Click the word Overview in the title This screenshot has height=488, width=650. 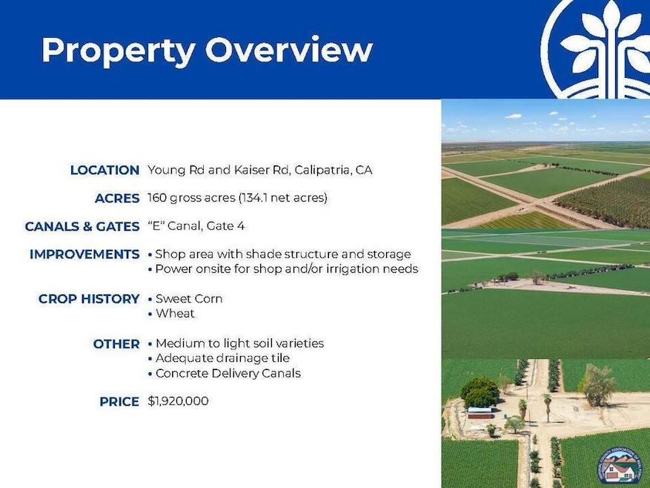pyautogui.click(x=289, y=50)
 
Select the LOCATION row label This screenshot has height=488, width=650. pyautogui.click(x=105, y=171)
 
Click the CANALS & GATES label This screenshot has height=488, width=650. pyautogui.click(x=82, y=226)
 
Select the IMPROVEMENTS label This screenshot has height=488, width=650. pyautogui.click(x=84, y=254)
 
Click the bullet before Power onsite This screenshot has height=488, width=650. pyautogui.click(x=150, y=269)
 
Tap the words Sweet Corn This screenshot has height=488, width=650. pyautogui.click(x=189, y=299)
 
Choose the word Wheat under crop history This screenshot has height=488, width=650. pyautogui.click(x=175, y=314)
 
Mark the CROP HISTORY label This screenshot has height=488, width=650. pyautogui.click(x=89, y=299)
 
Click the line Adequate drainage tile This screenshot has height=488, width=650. pyautogui.click(x=223, y=358)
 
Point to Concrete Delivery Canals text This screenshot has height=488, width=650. pyautogui.click(x=228, y=373)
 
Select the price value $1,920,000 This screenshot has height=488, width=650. pyautogui.click(x=178, y=401)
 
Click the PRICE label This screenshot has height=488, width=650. pyautogui.click(x=119, y=402)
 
